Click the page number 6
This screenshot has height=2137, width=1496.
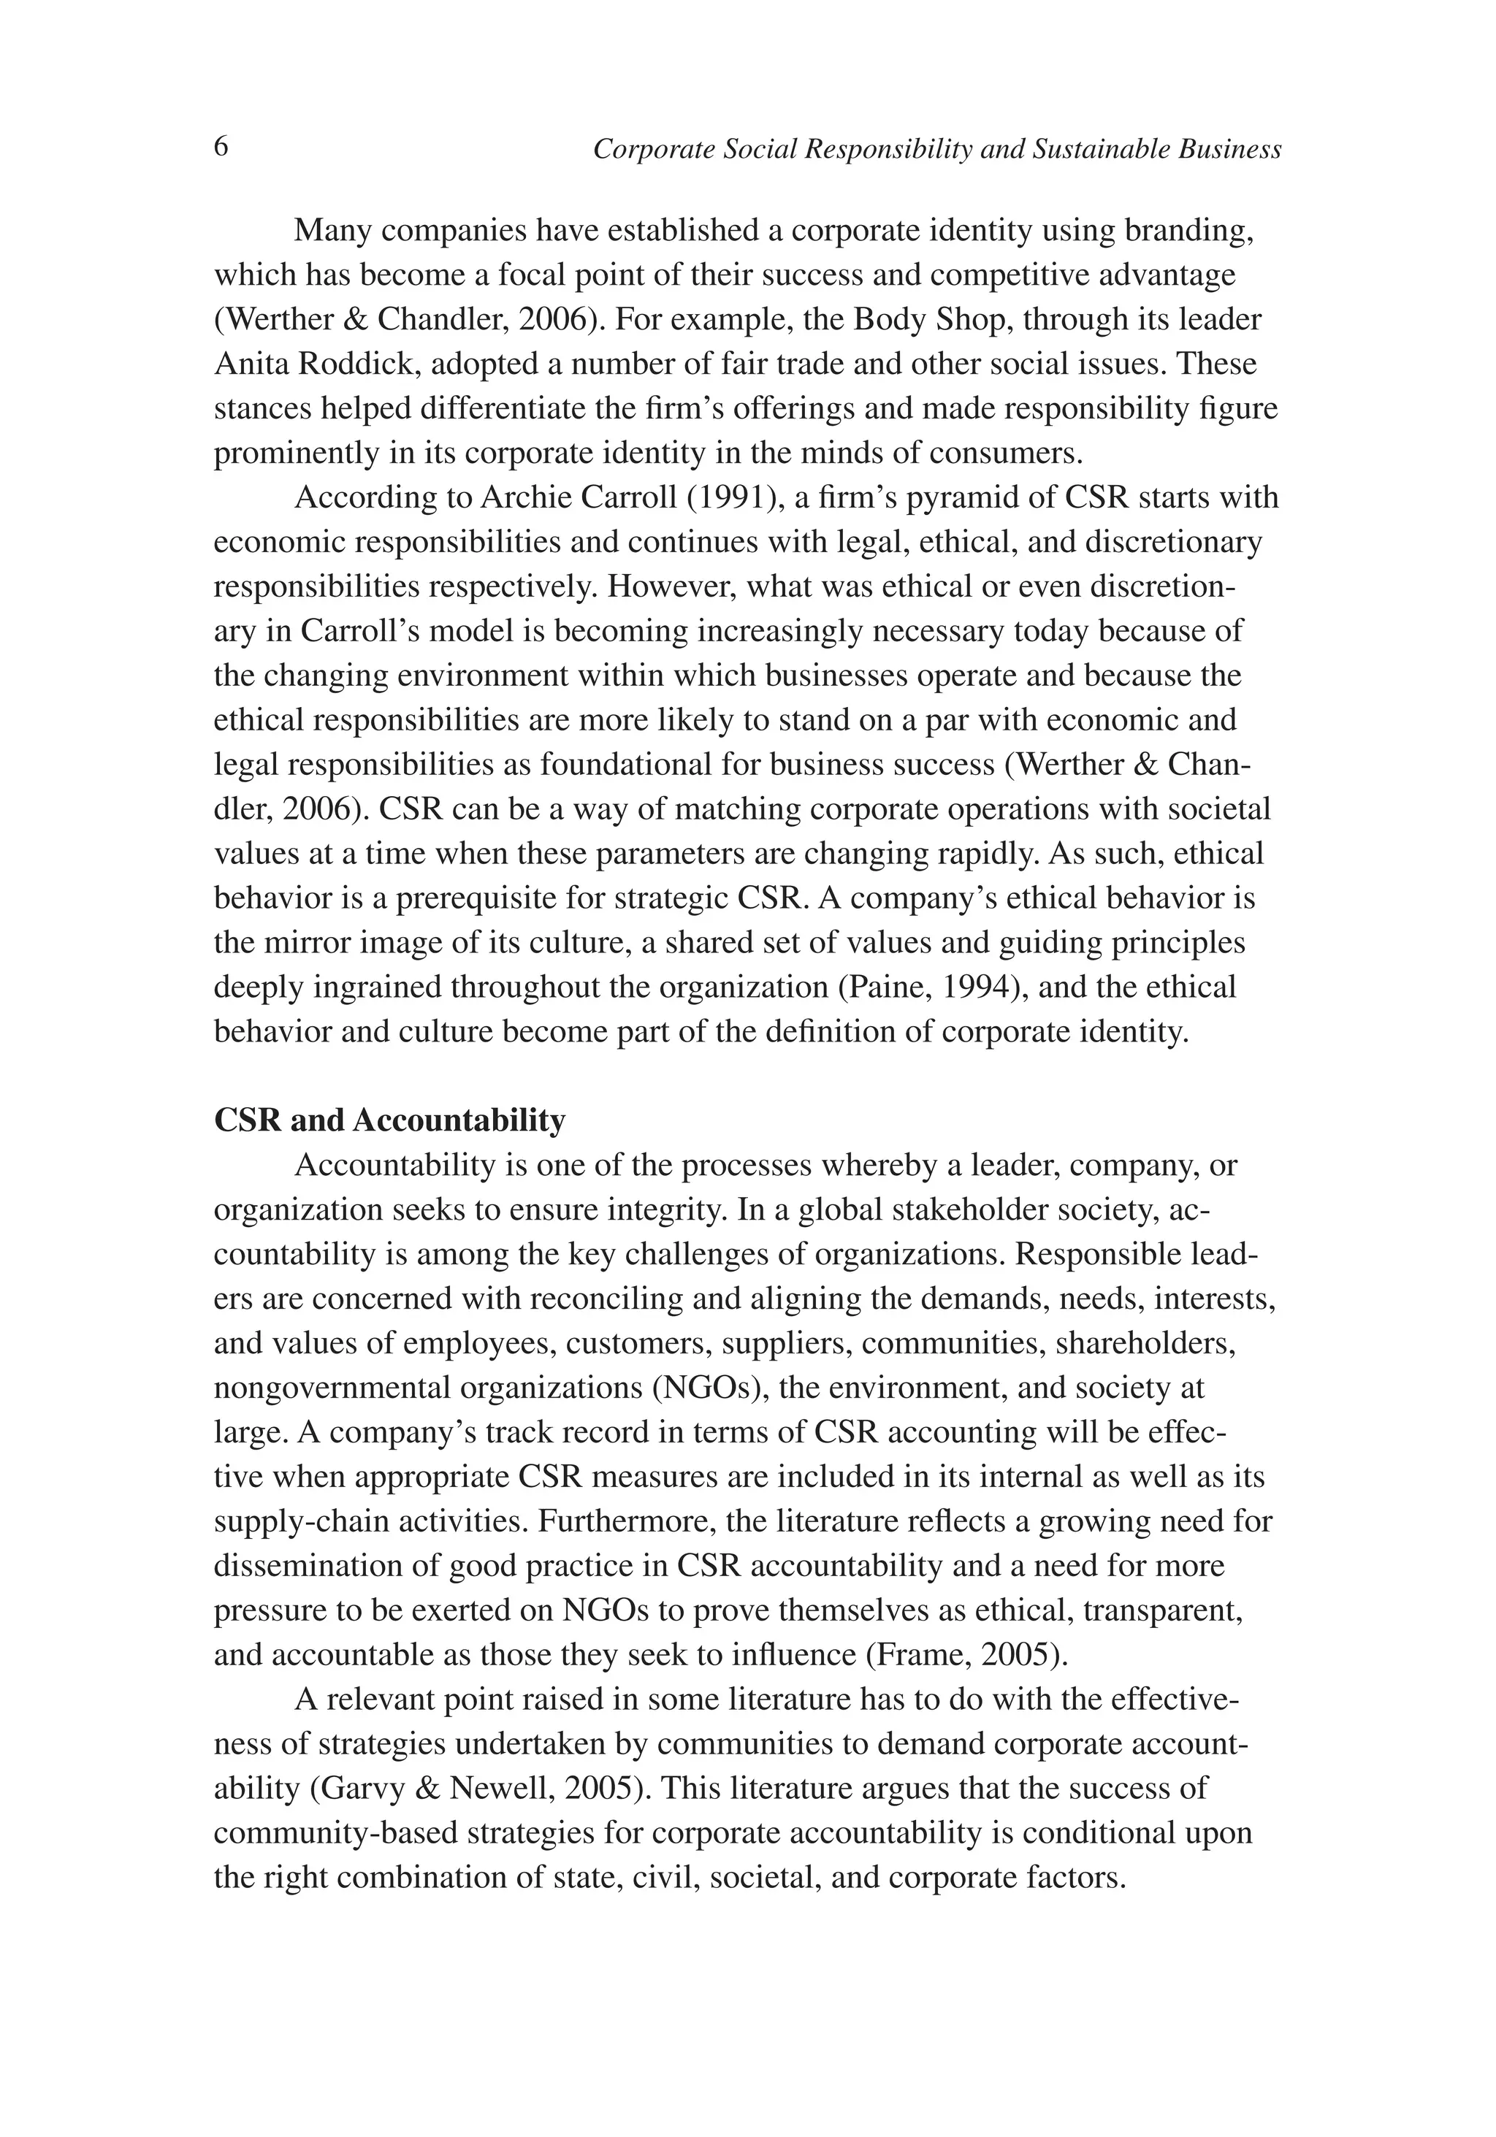(221, 147)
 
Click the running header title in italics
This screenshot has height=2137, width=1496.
(936, 149)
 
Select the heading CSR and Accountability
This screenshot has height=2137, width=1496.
(389, 1120)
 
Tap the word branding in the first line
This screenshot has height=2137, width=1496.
(1185, 230)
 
